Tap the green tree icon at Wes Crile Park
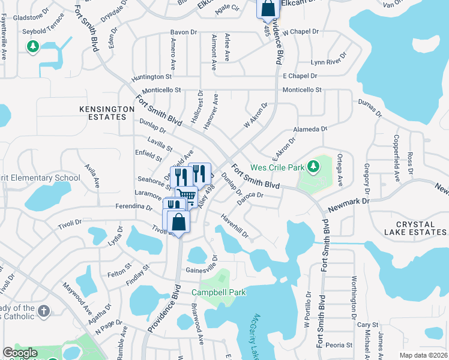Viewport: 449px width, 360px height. click(312, 166)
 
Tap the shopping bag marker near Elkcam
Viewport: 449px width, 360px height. click(268, 10)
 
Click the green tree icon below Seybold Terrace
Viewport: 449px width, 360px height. click(32, 46)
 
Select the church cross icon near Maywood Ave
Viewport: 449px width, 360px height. click(43, 311)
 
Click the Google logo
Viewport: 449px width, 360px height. click(20, 353)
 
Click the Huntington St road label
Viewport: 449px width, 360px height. click(152, 77)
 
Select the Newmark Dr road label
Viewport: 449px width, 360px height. click(349, 206)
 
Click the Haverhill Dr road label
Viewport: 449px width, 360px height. click(234, 226)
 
